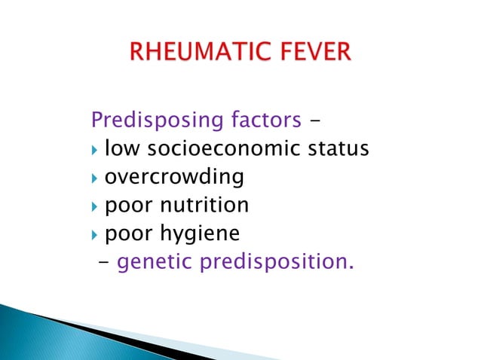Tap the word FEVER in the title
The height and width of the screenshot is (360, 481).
(314, 55)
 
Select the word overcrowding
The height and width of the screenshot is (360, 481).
(174, 178)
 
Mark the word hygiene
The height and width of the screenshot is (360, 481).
(199, 234)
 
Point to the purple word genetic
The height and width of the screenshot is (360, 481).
(156, 263)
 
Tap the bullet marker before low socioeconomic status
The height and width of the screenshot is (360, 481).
(94, 150)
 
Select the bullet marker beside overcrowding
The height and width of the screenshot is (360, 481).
(94, 178)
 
